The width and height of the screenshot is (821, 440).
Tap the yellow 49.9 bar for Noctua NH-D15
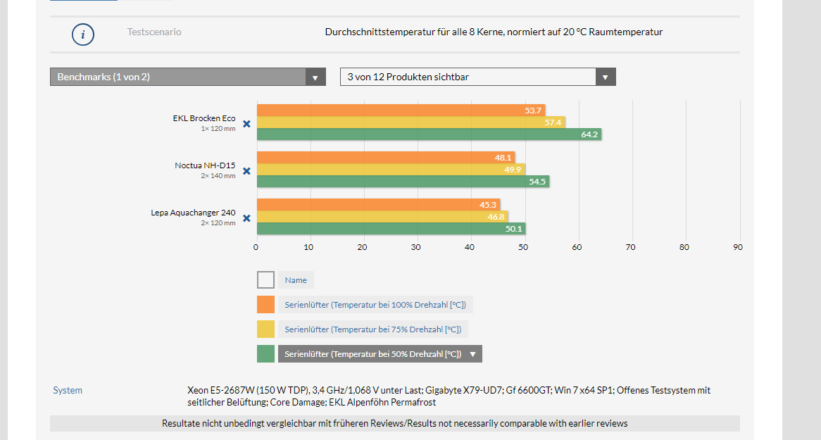[x=390, y=170]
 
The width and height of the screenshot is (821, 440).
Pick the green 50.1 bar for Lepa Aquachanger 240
[x=390, y=229]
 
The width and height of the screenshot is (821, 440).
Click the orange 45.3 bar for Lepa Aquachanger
[x=377, y=205]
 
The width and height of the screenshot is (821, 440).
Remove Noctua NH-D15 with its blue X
[x=246, y=171]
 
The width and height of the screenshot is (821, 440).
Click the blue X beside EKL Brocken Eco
[x=246, y=124]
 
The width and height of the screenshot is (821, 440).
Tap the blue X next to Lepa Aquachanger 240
[x=246, y=218]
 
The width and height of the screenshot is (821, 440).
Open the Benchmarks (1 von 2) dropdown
[x=187, y=77]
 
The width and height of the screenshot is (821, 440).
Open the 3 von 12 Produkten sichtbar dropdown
[x=477, y=77]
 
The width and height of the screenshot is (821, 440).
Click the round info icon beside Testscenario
[x=83, y=34]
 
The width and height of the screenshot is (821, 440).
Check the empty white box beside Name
[x=265, y=280]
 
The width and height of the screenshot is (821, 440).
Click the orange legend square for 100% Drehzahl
[x=265, y=305]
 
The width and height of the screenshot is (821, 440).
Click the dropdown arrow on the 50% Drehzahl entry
[x=472, y=354]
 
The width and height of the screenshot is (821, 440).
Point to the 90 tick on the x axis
[x=737, y=247]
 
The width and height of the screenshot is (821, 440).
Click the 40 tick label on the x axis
[x=470, y=247]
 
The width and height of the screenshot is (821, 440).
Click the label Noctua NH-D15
[x=205, y=165]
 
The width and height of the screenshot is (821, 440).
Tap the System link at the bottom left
[x=68, y=390]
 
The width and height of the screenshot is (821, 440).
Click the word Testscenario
[x=154, y=32]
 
